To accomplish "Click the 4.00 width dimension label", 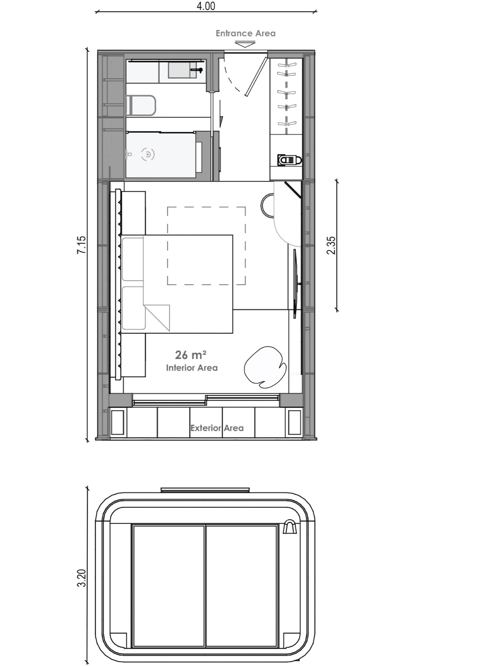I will click(x=206, y=6).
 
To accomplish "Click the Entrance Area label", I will click(x=245, y=33).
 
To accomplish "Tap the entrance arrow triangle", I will click(x=245, y=44).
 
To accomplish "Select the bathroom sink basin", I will click(x=182, y=70).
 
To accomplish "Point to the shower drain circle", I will click(x=148, y=154).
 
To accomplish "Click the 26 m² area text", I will click(x=191, y=355).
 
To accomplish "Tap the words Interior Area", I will click(x=192, y=368).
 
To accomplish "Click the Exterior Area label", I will click(x=217, y=428).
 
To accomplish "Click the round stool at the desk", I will click(x=268, y=205).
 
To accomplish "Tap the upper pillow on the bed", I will click(x=133, y=259).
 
